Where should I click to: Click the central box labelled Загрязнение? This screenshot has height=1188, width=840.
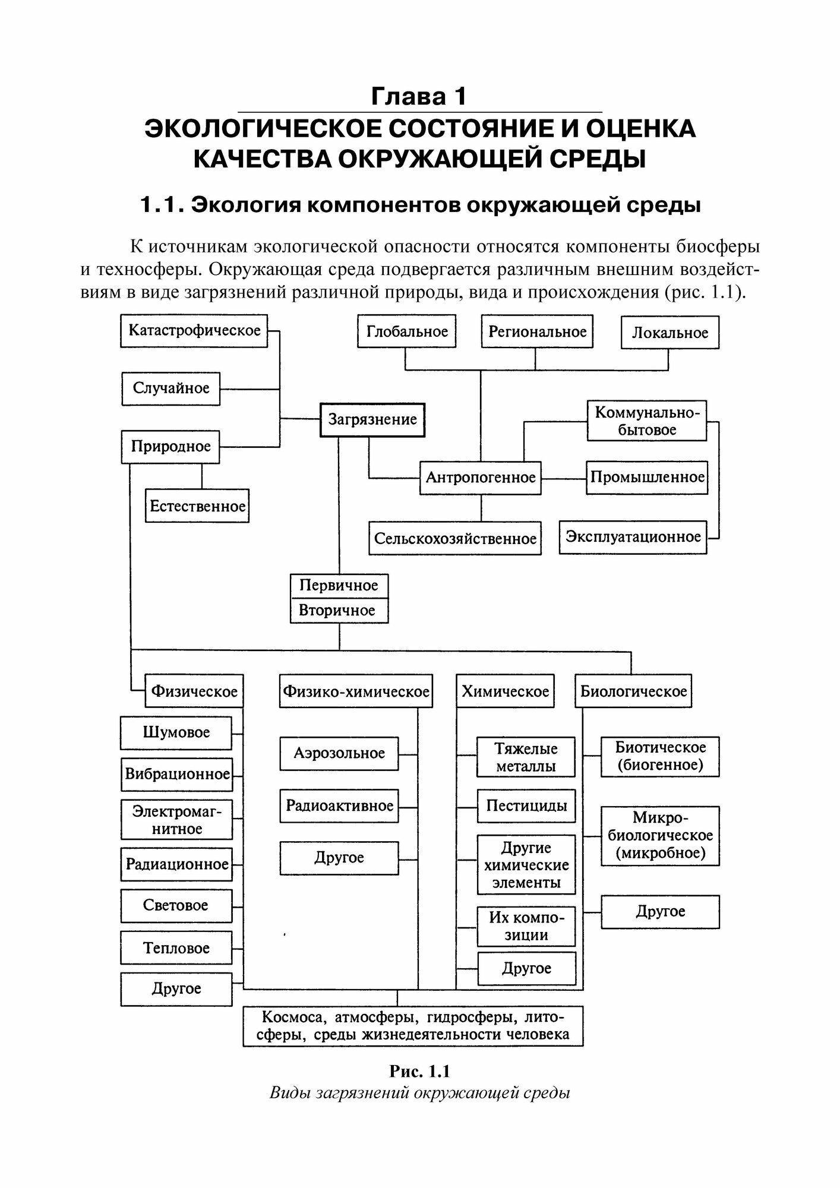(372, 420)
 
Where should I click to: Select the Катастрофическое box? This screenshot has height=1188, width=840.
(194, 331)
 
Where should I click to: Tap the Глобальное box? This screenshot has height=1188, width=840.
(407, 331)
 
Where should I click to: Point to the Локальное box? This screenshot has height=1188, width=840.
(670, 333)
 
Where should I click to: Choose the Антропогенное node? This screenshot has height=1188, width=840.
(481, 478)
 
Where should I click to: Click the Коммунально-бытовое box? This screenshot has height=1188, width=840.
(647, 421)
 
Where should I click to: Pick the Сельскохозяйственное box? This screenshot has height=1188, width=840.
(455, 539)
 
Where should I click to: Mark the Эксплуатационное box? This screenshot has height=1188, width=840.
(633, 537)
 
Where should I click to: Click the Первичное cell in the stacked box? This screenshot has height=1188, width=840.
(339, 586)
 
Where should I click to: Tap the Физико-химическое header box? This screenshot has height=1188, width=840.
(356, 691)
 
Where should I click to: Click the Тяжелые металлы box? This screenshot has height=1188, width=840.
(526, 757)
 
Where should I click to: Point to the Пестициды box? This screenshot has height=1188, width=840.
(526, 805)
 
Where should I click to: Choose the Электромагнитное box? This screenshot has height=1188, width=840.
(176, 820)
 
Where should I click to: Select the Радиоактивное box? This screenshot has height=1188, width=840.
(339, 805)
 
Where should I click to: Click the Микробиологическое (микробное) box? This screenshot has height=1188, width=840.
(660, 836)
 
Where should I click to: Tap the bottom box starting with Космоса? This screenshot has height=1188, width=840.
(413, 1026)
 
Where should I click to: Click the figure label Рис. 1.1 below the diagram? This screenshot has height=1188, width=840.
(419, 1071)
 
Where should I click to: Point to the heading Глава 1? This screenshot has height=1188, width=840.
(419, 96)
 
